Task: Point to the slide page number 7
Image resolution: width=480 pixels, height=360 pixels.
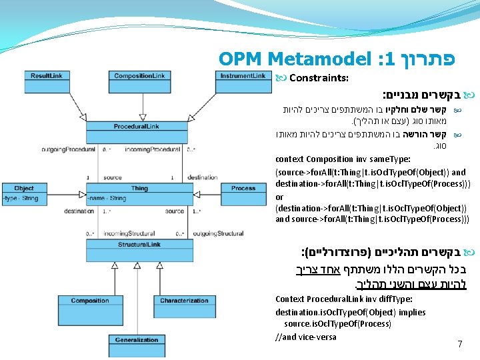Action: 459,344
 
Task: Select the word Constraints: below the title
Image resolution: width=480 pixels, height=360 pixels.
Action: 319,78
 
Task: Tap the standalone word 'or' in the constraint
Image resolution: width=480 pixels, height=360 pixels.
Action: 279,197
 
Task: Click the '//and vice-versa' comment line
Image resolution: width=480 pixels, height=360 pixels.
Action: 306,337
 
